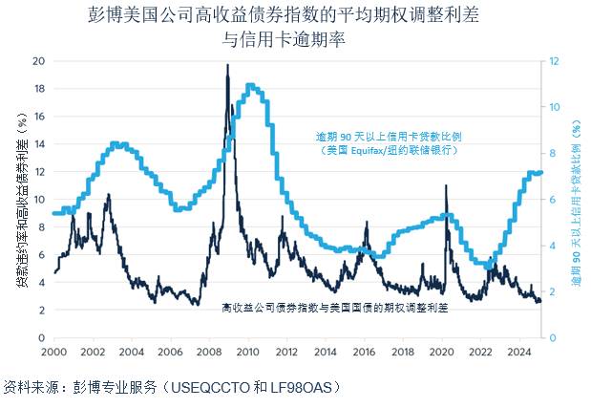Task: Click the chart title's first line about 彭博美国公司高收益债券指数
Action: pos(295,15)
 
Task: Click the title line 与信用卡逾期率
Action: pos(295,40)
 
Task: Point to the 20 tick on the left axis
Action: pos(38,60)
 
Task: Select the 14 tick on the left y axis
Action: pos(38,143)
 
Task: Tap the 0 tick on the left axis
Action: pos(41,337)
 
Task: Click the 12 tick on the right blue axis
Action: pos(553,60)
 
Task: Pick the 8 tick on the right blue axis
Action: pos(551,153)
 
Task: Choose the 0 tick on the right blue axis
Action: pos(551,337)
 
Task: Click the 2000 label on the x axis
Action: pos(53,352)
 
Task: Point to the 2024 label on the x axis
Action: pos(518,352)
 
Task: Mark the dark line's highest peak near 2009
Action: pos(227,65)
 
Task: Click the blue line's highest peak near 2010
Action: pos(249,85)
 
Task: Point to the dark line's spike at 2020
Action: pos(446,186)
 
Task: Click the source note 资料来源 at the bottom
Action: pos(172,387)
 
